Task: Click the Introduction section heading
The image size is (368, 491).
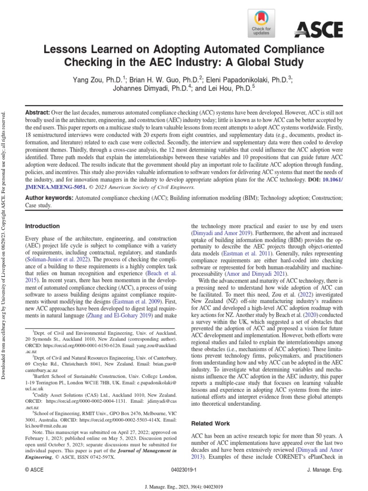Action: pos(42,226)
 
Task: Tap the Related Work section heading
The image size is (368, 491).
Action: pos(210,423)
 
